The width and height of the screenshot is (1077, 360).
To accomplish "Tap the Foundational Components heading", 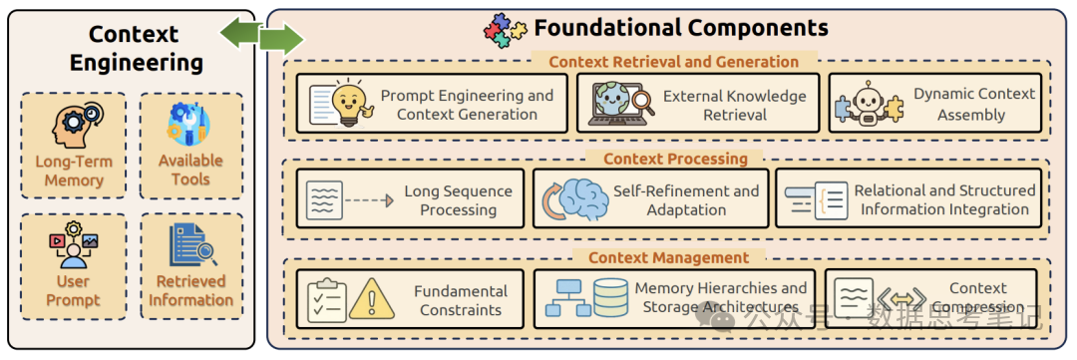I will click(681, 28).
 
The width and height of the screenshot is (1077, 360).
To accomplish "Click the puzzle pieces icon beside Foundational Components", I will click(505, 30).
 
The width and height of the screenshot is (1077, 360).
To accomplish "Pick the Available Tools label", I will click(190, 170).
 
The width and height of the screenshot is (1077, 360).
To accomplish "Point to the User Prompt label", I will click(73, 290).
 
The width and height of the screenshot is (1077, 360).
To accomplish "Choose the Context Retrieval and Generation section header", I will click(673, 62).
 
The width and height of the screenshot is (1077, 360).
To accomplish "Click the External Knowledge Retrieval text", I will click(735, 105).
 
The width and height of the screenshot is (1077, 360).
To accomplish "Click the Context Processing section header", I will click(675, 159).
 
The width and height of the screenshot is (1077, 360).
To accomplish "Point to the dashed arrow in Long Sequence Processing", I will click(368, 200).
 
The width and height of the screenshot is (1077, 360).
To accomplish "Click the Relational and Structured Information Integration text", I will click(944, 199).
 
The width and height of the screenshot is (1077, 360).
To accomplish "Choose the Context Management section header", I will click(668, 258).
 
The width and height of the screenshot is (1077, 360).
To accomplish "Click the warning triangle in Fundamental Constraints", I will click(372, 297).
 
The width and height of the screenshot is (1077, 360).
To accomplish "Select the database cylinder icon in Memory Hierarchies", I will click(609, 297).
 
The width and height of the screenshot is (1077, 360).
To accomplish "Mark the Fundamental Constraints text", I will click(461, 300).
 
